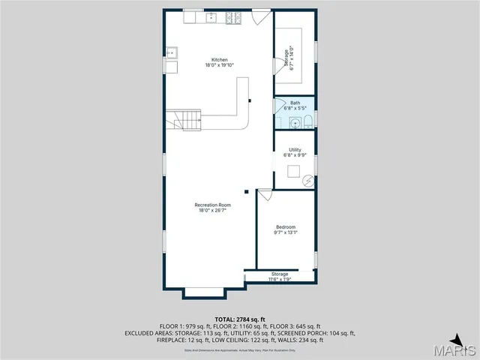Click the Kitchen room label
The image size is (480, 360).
click(x=220, y=59)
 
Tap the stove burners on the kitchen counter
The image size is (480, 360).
click(x=232, y=16)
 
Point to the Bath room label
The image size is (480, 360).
click(x=295, y=103)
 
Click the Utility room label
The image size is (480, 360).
click(x=295, y=150)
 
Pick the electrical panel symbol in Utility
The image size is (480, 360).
click(x=307, y=181)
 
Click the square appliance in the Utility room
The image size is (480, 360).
click(x=294, y=170)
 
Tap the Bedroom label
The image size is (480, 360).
click(x=285, y=227)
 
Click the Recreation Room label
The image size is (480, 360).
click(x=212, y=205)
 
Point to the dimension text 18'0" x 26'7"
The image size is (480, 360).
click(x=212, y=211)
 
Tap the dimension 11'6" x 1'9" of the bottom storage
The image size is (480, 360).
click(x=280, y=280)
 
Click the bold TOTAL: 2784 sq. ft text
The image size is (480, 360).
click(x=240, y=319)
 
